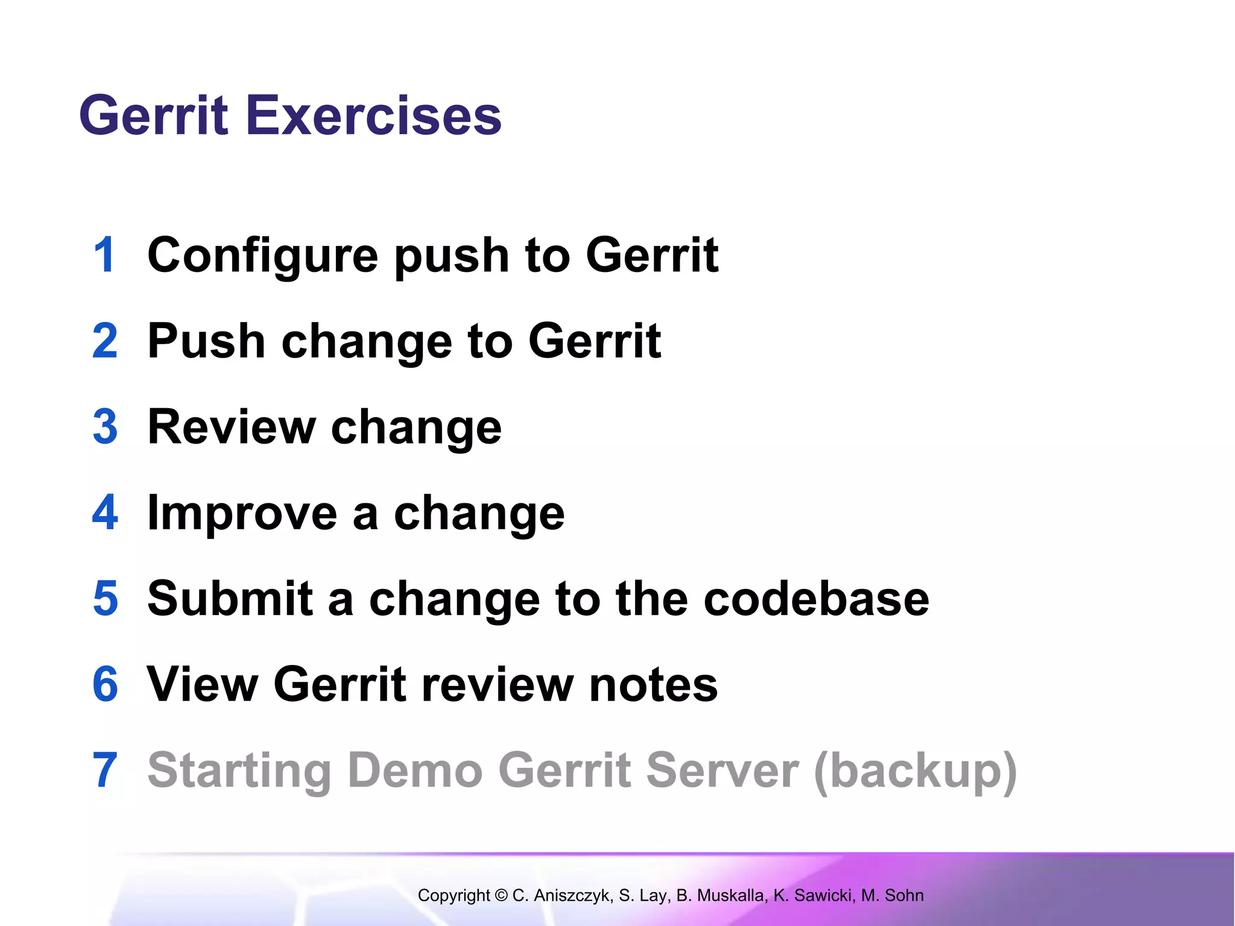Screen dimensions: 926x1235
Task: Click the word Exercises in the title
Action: point(373,116)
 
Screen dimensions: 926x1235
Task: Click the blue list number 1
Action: point(104,255)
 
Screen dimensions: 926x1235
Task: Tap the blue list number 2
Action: point(105,341)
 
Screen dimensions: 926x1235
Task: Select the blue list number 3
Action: point(105,427)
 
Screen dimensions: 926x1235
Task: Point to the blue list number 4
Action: point(105,512)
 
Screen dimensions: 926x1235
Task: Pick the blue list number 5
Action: point(106,599)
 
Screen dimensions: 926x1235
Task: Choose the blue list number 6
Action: point(105,684)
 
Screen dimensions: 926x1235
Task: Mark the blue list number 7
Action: point(105,770)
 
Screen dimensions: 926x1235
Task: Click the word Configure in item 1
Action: point(263,256)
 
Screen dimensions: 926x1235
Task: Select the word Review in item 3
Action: point(232,427)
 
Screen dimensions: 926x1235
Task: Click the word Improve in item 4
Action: point(242,514)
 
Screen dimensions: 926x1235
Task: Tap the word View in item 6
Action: point(203,684)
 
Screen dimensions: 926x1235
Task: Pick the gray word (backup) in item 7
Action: point(915,772)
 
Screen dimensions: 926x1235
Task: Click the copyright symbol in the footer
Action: point(501,895)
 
